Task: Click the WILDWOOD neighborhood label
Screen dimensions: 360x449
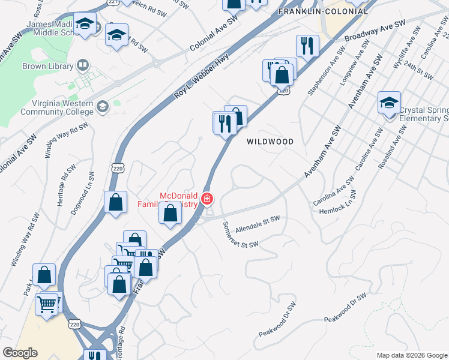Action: tap(271, 142)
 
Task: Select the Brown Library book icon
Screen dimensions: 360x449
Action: tap(82, 66)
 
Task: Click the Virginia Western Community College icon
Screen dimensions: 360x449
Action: tap(103, 107)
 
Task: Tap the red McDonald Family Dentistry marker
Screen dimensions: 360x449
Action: tap(207, 199)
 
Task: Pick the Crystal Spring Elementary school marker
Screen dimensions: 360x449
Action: tap(389, 104)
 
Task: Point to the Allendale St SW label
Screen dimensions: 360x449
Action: tap(258, 225)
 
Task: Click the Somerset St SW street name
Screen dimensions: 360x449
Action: tap(240, 235)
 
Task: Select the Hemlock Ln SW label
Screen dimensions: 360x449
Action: tap(338, 202)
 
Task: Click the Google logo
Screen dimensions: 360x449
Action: tap(20, 353)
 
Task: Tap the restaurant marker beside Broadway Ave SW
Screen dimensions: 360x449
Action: tap(306, 46)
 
